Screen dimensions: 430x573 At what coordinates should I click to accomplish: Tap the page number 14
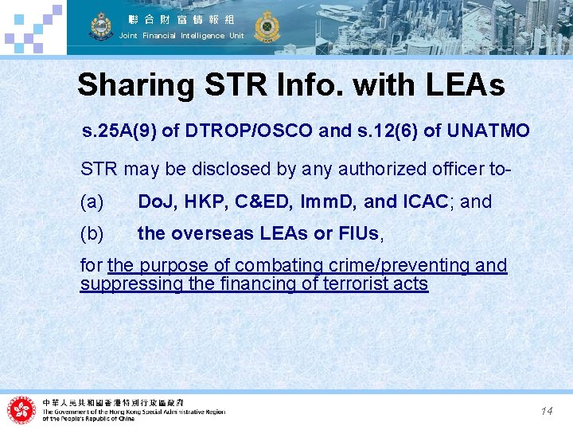point(547,411)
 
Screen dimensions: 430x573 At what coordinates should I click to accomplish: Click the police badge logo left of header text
point(101,26)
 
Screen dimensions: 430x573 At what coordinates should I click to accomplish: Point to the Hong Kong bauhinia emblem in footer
point(22,409)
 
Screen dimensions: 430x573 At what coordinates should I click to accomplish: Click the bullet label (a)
point(92,202)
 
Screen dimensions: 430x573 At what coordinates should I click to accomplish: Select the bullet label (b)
point(92,234)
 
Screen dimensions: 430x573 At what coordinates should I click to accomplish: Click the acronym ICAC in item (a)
point(427,202)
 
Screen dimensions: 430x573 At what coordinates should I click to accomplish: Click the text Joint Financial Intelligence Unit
point(181,36)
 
